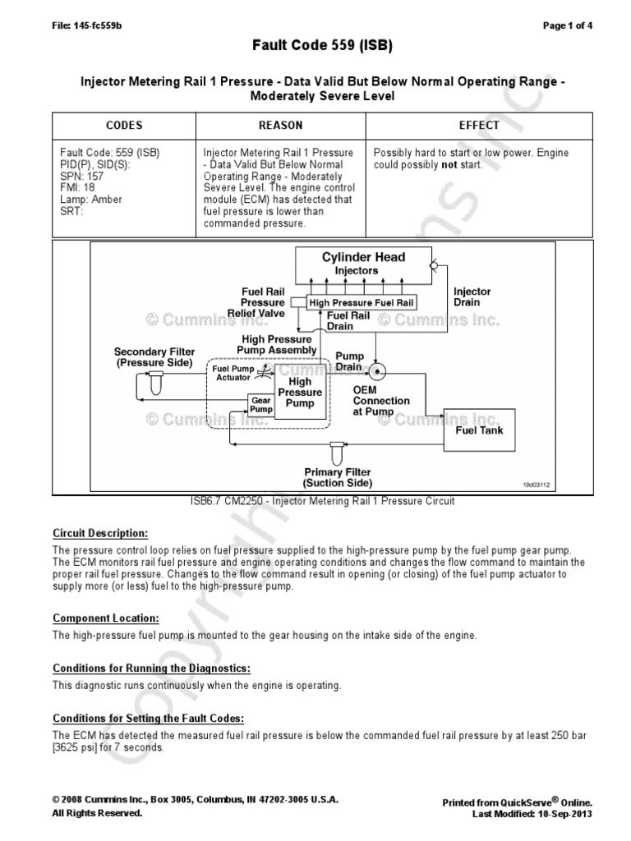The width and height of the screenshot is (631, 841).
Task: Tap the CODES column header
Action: click(x=124, y=126)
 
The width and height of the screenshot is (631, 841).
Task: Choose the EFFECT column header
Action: click(x=479, y=126)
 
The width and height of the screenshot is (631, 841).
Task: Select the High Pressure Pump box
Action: click(x=300, y=393)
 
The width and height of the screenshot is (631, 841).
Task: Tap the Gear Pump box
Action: click(x=260, y=404)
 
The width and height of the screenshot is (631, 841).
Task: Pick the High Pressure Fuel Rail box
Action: click(x=362, y=302)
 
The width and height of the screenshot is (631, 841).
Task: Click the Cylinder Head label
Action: click(x=363, y=257)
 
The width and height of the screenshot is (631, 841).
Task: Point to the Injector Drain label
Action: click(x=472, y=297)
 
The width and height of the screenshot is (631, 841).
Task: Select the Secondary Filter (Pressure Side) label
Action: click(x=154, y=356)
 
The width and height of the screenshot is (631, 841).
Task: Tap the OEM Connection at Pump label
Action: click(x=381, y=401)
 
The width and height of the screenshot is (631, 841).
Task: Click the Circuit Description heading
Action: click(x=100, y=533)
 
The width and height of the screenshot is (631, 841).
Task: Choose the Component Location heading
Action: click(x=106, y=618)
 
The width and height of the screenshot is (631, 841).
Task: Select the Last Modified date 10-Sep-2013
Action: click(x=562, y=813)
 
